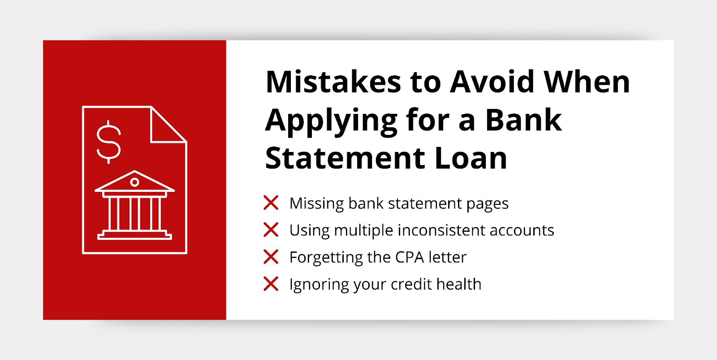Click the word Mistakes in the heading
(333, 82)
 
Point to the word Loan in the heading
(471, 158)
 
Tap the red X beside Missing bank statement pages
(271, 203)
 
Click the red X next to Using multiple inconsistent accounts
(271, 230)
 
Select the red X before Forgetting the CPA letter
(271, 256)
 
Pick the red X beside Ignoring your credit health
(271, 284)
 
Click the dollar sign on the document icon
(108, 142)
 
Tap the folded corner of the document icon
(168, 124)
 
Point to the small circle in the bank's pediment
(134, 182)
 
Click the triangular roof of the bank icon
(134, 181)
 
